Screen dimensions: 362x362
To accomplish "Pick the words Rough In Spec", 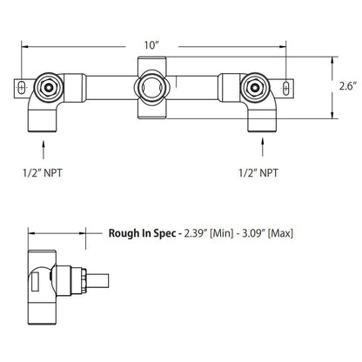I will [x=141, y=232].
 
